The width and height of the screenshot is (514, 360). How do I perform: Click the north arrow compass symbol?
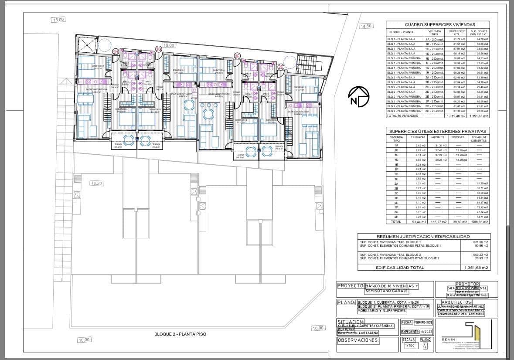(359, 96)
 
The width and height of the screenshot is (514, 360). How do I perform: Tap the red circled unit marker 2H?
(116, 52)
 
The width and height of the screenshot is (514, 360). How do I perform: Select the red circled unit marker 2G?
(159, 50)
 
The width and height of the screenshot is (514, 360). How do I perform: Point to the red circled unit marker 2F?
(237, 56)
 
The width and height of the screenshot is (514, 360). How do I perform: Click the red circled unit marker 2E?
(281, 67)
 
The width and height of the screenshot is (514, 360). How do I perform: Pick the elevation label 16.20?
(96, 183)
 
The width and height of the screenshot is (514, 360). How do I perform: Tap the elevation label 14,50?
(365, 26)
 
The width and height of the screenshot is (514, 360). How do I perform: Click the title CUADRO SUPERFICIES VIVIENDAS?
(438, 25)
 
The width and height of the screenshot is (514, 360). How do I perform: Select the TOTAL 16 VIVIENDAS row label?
(403, 116)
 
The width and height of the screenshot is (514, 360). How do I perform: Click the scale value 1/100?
(410, 346)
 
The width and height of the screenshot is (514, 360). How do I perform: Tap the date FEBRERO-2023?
(423, 323)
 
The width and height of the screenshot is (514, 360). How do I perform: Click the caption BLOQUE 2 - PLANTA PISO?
(180, 334)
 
